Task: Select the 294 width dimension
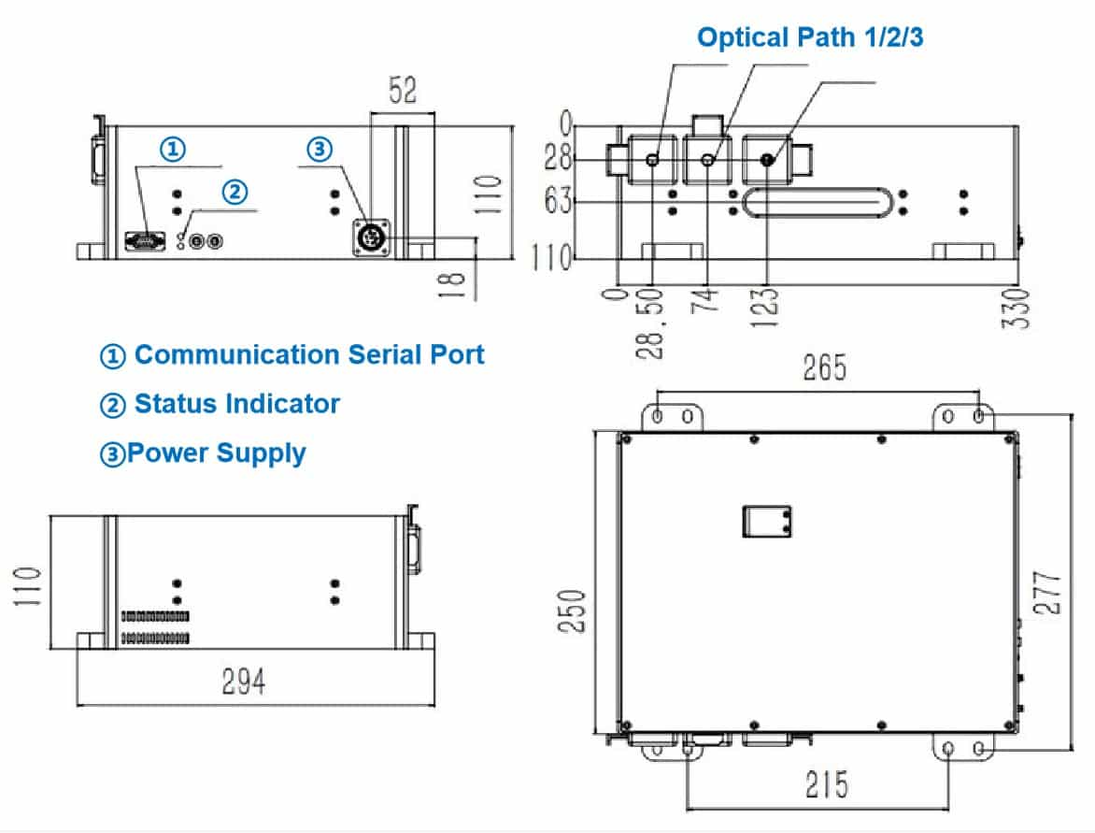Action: pyautogui.click(x=243, y=682)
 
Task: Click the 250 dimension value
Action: pyautogui.click(x=574, y=610)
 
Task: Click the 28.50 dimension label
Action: pyautogui.click(x=654, y=323)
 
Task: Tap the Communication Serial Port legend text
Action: pyautogui.click(x=293, y=355)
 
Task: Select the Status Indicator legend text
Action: pyautogui.click(x=220, y=404)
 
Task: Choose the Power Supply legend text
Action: pyautogui.click(x=204, y=453)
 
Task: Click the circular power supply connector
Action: pyautogui.click(x=369, y=237)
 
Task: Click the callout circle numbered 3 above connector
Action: pyautogui.click(x=319, y=149)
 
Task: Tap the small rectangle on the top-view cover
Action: pyautogui.click(x=766, y=521)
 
